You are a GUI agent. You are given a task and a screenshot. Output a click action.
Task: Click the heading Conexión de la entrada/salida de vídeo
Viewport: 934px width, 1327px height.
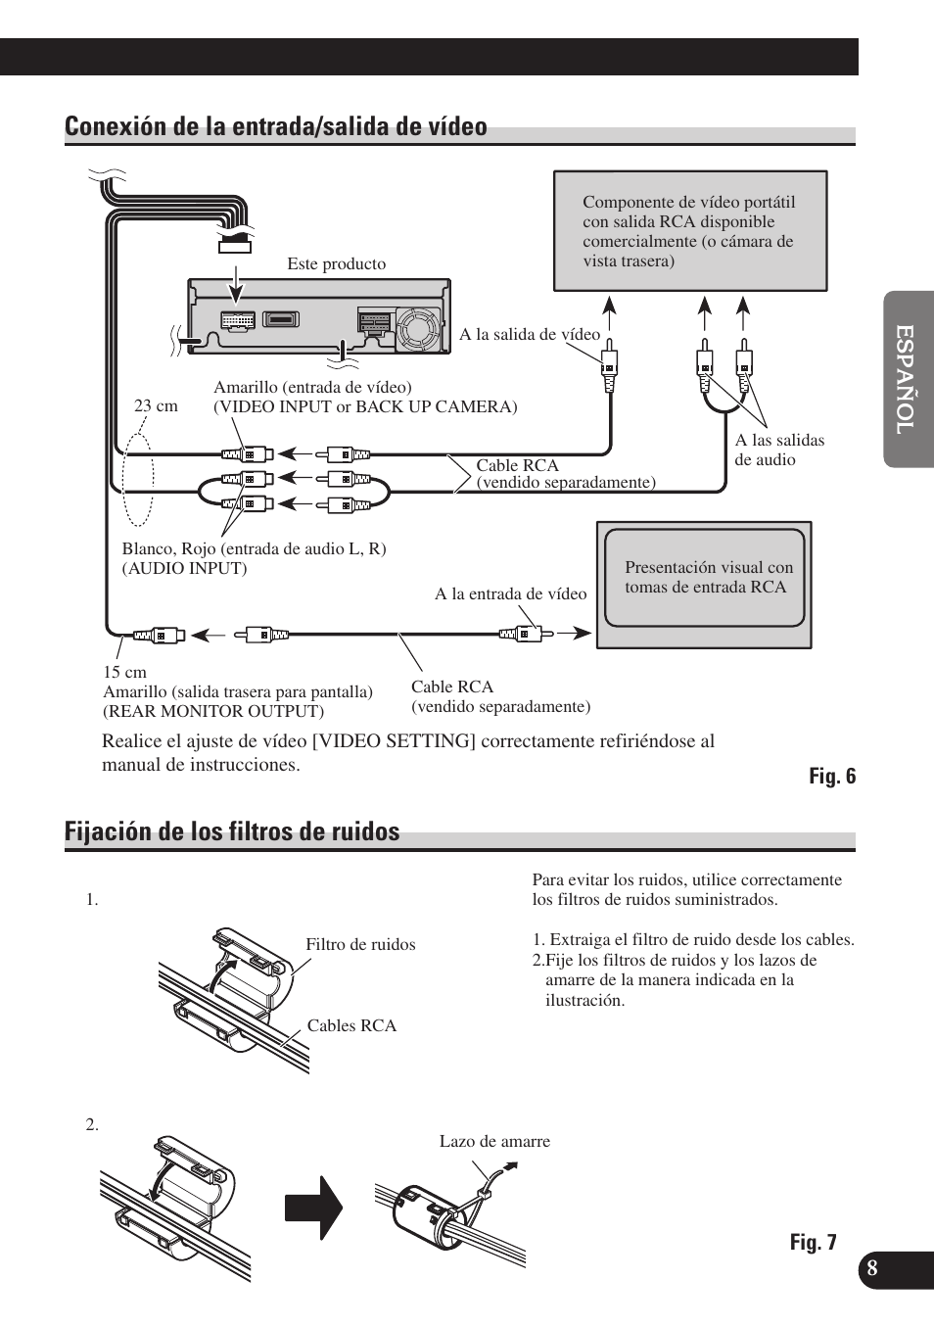[x=276, y=126]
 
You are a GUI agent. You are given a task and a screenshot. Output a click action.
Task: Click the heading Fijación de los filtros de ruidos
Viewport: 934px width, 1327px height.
[x=232, y=831]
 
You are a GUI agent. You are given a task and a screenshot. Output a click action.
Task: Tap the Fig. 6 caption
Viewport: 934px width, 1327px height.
[x=832, y=777]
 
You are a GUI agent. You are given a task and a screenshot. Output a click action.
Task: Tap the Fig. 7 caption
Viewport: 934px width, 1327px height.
[x=814, y=1243]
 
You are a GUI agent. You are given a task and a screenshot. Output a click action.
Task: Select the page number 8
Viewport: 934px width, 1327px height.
[x=871, y=1268]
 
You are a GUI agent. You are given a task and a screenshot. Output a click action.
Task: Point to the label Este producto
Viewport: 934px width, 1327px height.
[x=336, y=264]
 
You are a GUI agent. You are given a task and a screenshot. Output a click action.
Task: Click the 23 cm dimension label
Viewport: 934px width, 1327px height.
[x=156, y=405]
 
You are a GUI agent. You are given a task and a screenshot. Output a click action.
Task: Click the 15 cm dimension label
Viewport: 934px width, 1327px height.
[x=125, y=672]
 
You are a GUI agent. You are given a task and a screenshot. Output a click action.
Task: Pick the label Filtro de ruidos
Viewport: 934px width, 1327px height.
[x=360, y=944]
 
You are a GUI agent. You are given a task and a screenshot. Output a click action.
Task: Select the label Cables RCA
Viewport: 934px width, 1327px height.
[x=351, y=1025]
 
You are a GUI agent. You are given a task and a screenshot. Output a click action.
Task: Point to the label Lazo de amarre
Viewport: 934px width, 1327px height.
[x=494, y=1141]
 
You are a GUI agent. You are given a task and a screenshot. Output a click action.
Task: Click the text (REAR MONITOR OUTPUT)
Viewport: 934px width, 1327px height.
[x=213, y=711]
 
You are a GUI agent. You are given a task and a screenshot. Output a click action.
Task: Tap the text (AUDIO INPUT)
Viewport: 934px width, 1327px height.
[x=184, y=568]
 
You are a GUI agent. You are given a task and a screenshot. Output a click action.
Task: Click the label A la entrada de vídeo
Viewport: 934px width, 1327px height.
[x=510, y=593]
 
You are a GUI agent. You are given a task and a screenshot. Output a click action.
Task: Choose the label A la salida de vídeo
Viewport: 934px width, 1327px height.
[x=530, y=335]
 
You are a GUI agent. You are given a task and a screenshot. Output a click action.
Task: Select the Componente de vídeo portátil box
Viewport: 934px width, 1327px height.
[x=690, y=231]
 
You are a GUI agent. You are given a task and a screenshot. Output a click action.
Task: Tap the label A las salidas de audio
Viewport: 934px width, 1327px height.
[x=779, y=450]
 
